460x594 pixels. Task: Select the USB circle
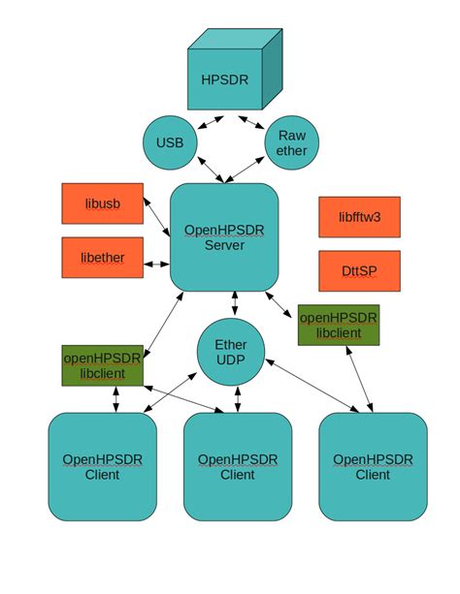pos(170,143)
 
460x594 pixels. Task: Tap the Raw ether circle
pos(291,143)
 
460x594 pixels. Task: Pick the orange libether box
pos(102,258)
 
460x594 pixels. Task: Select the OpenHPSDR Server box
pos(224,237)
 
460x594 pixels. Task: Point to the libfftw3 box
pos(359,217)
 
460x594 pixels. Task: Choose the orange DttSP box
pos(359,270)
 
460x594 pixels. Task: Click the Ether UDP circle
pos(230,353)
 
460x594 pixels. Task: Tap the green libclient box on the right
pos(338,326)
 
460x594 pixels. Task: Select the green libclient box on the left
pos(102,365)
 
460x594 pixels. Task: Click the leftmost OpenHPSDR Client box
pos(102,466)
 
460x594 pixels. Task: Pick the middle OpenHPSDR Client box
pos(237,466)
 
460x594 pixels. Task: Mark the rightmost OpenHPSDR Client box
pos(373,466)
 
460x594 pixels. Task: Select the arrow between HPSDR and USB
pos(212,122)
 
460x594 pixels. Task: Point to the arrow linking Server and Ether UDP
pos(234,304)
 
